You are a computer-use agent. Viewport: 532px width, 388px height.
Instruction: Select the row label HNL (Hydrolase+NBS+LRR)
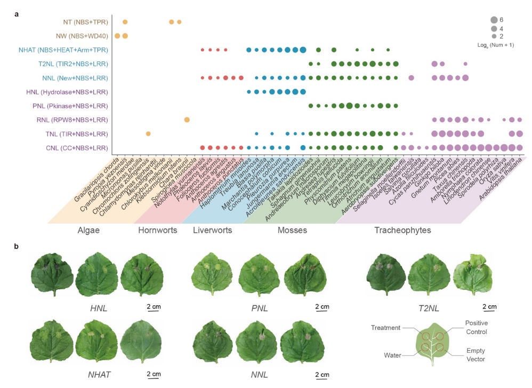coord(67,92)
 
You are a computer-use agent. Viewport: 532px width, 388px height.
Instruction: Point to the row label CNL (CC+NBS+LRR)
coord(75,148)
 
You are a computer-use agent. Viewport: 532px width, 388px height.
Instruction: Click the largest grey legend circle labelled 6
coord(494,20)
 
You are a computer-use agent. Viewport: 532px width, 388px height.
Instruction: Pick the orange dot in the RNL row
coord(187,119)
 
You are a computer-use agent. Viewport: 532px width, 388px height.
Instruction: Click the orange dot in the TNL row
coord(148,133)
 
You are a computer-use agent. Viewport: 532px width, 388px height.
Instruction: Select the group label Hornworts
coord(154,231)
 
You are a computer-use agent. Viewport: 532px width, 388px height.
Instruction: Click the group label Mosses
coord(292,231)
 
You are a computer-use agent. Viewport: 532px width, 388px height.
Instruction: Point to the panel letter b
coord(17,247)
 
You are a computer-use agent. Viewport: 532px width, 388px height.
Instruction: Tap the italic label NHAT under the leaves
coord(100,375)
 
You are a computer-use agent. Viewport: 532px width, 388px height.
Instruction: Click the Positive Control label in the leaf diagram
coord(476,327)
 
